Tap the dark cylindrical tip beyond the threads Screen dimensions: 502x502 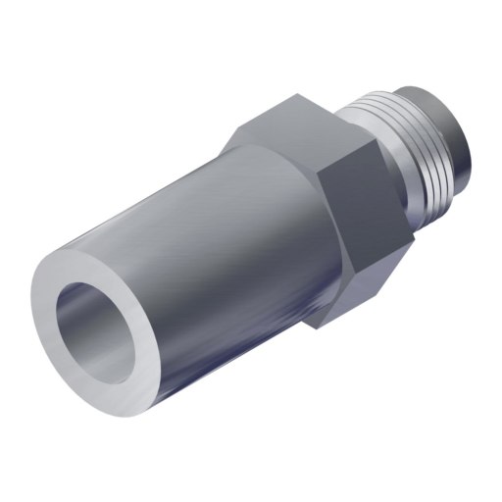click(461, 147)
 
